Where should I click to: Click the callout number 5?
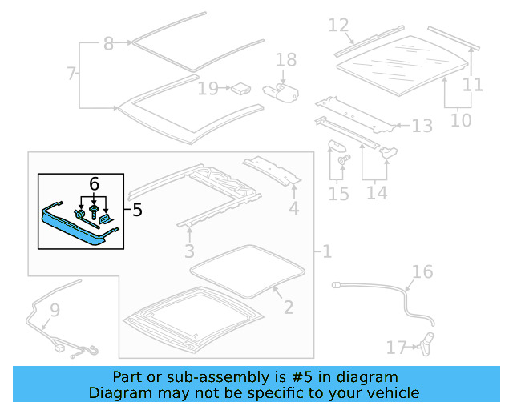[137, 210]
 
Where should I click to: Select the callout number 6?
[95, 184]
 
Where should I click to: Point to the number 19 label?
[208, 88]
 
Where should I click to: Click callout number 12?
[339, 26]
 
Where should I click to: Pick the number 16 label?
[422, 272]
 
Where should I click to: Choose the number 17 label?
[397, 348]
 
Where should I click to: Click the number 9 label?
[55, 309]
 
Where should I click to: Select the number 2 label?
[289, 307]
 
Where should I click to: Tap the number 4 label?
[294, 211]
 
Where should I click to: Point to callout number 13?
[422, 126]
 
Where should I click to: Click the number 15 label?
[338, 194]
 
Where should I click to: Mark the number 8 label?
[109, 44]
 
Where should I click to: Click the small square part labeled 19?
[239, 88]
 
